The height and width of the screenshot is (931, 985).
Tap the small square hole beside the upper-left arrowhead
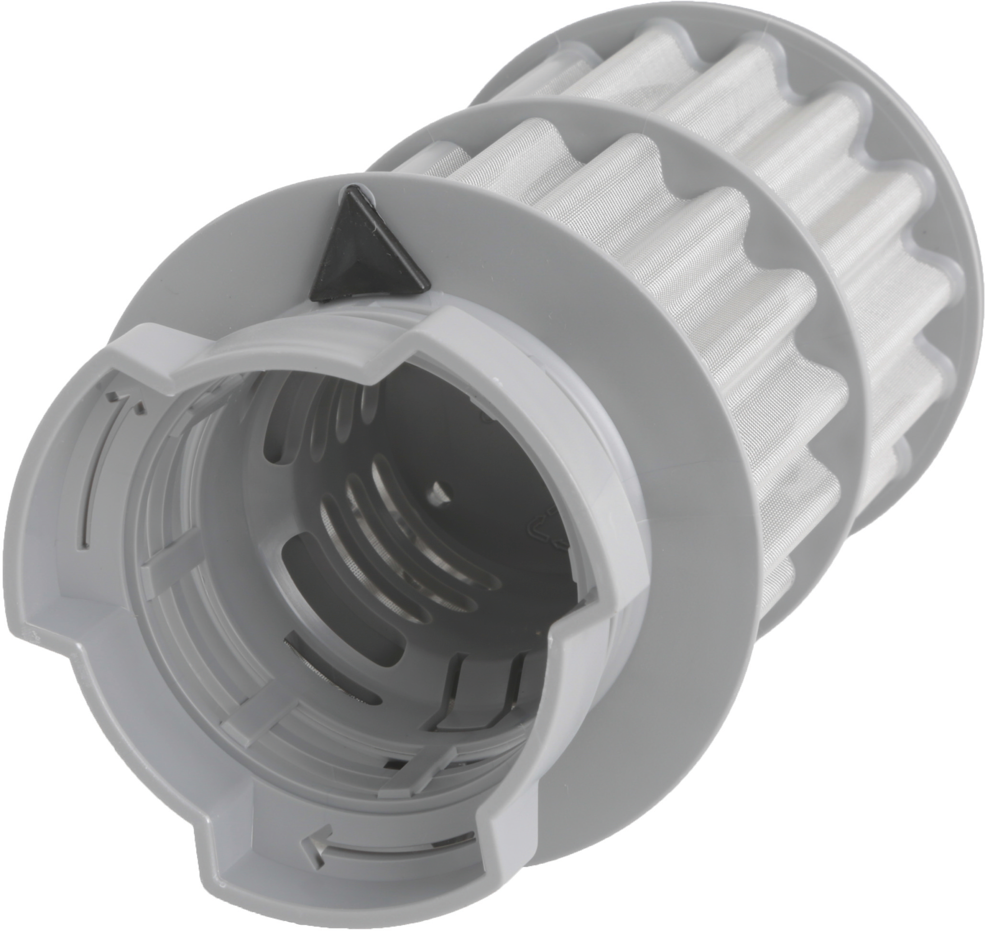(x=115, y=395)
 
